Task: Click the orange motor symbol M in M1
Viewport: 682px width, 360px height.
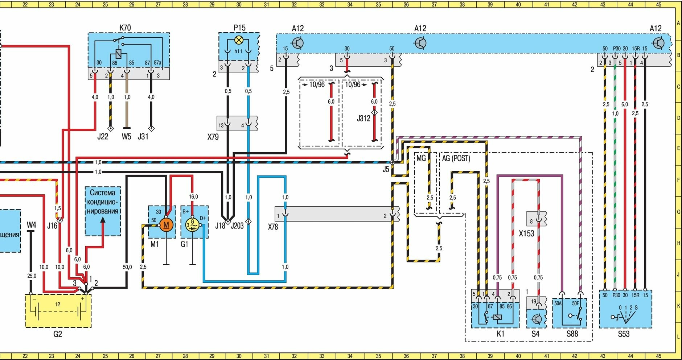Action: coord(166,225)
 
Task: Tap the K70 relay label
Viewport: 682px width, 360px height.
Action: coord(125,28)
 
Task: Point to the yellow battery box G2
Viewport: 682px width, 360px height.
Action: coord(58,311)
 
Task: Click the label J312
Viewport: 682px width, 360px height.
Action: coord(363,119)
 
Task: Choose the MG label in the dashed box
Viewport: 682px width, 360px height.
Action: coord(421,158)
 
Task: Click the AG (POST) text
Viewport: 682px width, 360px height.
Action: coord(456,158)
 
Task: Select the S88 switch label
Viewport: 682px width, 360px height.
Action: coord(572,334)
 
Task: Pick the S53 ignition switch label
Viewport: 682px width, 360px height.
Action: coord(624,334)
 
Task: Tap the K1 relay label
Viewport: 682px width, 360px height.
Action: coord(500,334)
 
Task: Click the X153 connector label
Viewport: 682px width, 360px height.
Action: coord(526,234)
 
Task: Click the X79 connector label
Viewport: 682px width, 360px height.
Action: coord(213,137)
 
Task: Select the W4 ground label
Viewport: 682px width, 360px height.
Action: coord(32,225)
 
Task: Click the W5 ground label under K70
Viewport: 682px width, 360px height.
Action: coord(126,137)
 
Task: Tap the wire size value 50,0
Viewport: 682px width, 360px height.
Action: coord(127,267)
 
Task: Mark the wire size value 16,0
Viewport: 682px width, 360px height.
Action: coord(193,197)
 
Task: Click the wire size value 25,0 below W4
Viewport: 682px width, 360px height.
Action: coord(32,276)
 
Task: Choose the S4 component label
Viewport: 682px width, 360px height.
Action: coord(535,334)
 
